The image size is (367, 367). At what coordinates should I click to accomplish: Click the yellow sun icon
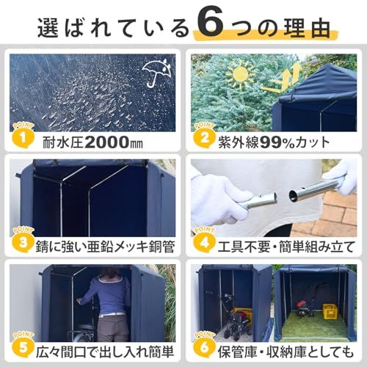(241, 75)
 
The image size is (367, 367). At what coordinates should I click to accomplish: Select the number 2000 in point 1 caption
(106, 142)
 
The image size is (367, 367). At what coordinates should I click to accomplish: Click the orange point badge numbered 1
(23, 137)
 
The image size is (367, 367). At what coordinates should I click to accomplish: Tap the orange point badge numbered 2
(204, 137)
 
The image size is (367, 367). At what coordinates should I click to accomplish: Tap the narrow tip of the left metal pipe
(275, 197)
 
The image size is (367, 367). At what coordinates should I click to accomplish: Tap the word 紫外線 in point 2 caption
(239, 142)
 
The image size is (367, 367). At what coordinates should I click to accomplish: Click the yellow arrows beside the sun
(281, 78)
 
